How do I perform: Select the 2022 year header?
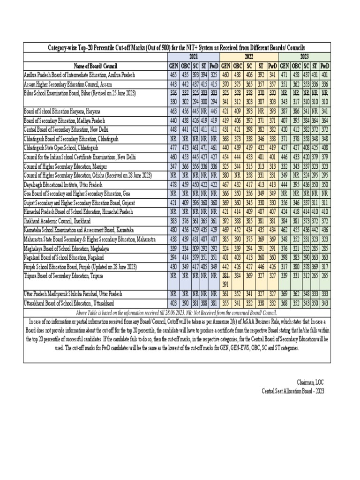(x=249, y=55)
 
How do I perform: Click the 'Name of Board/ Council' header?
(x=95, y=65)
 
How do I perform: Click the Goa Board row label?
(x=79, y=193)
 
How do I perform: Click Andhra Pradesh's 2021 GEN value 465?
(x=173, y=75)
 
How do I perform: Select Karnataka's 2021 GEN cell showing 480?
(x=173, y=230)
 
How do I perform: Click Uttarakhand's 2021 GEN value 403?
(x=173, y=303)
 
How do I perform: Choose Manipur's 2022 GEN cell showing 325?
(x=225, y=166)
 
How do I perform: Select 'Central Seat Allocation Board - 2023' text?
(x=292, y=391)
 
